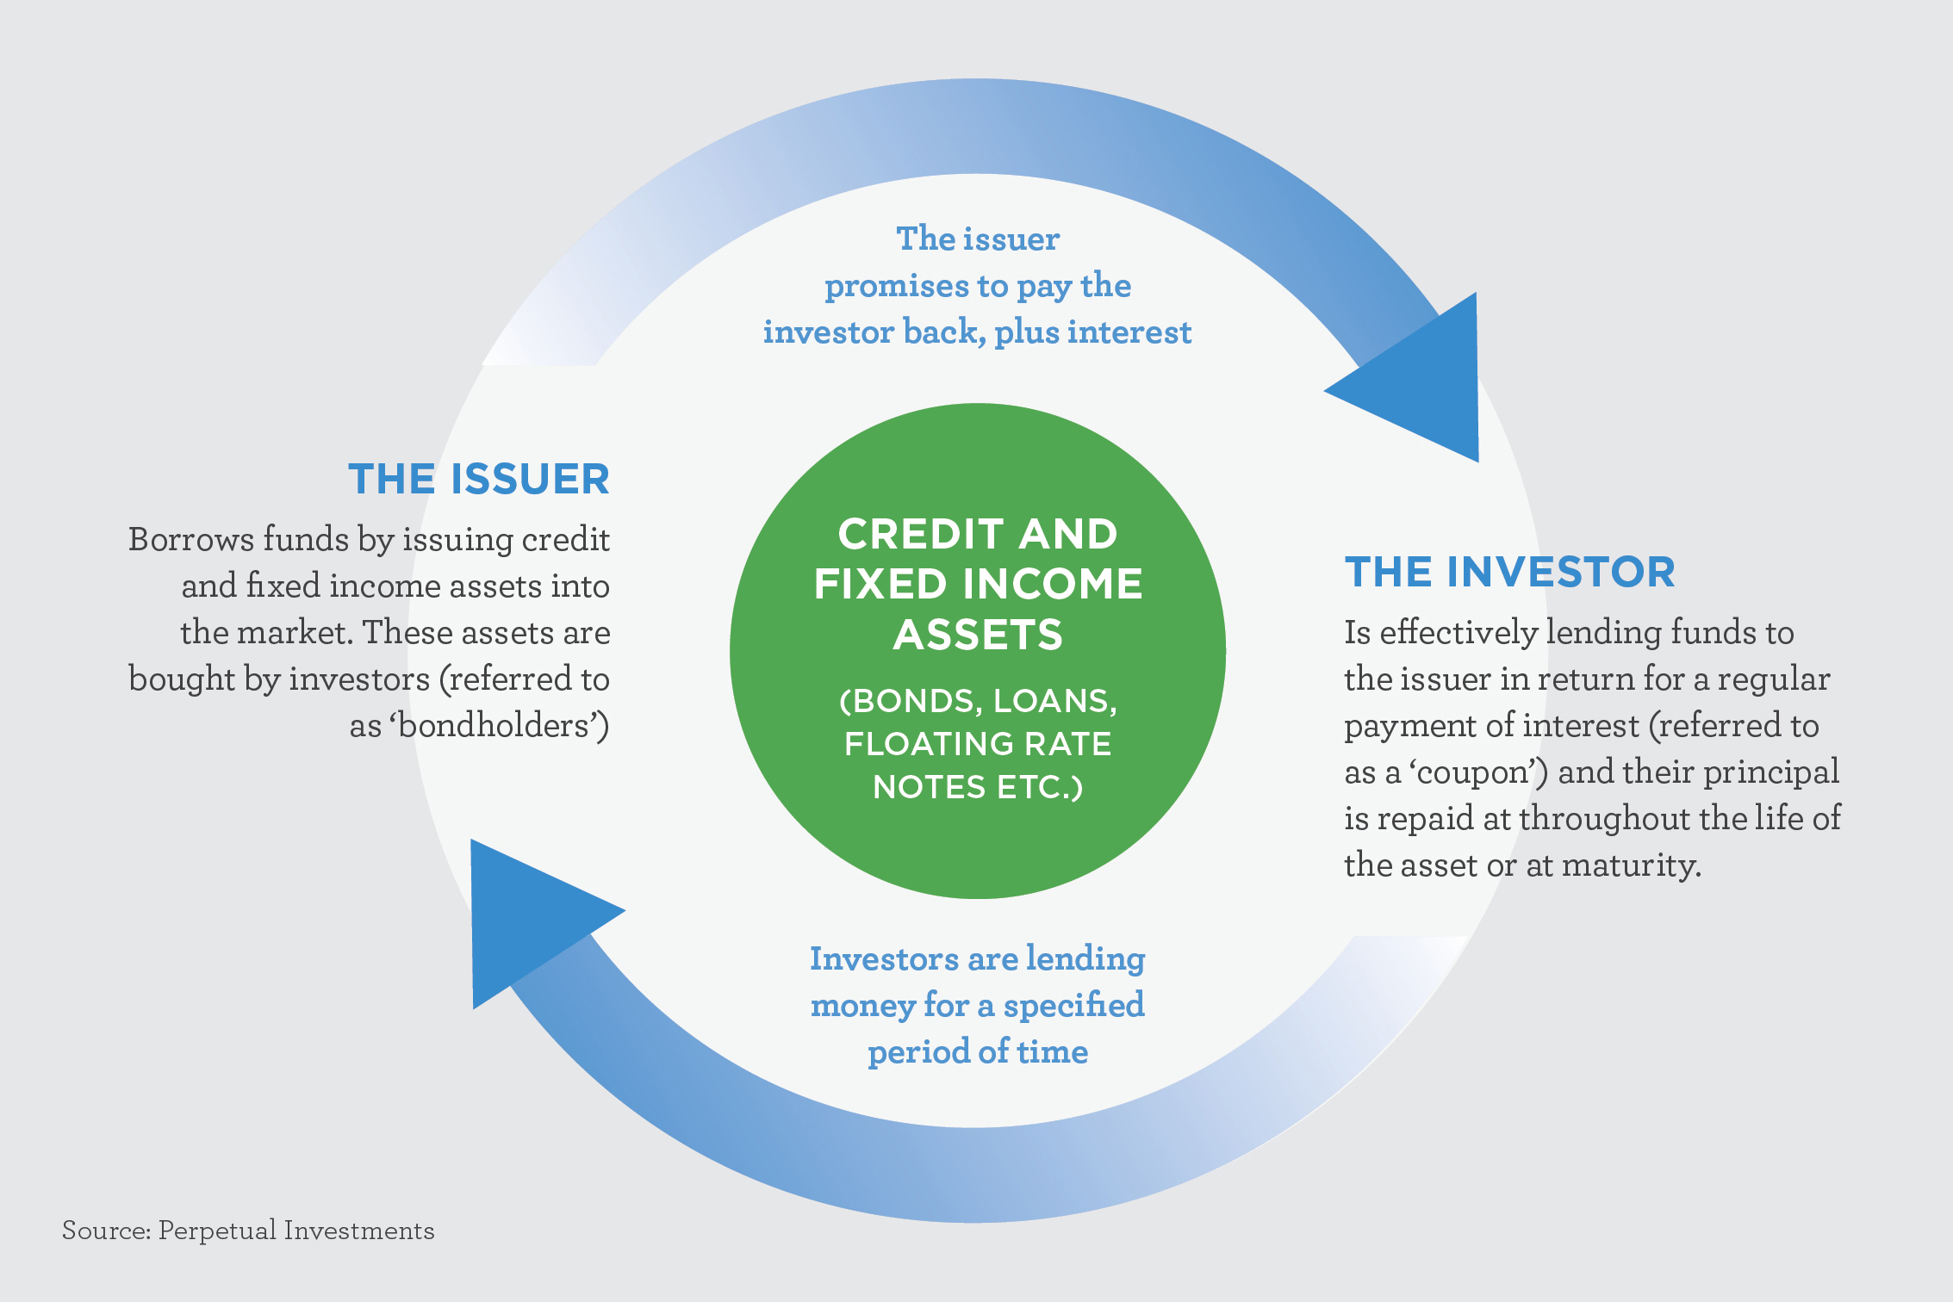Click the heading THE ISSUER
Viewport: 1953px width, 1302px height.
coord(478,479)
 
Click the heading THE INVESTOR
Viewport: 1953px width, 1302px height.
coord(1509,572)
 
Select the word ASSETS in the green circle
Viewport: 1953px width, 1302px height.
coord(978,635)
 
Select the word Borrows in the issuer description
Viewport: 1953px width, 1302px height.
coord(191,539)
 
